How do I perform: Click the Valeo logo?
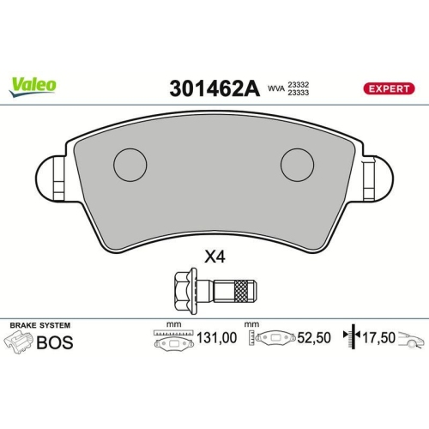[x=33, y=84]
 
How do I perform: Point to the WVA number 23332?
[x=298, y=83]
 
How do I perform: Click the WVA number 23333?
[x=298, y=93]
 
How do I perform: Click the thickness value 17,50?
[x=378, y=340]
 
